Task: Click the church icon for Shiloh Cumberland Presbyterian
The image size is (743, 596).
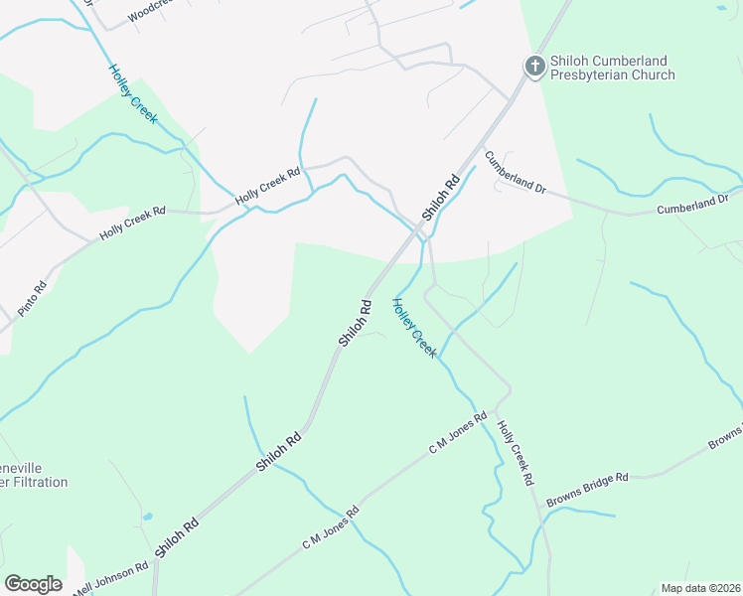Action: click(534, 67)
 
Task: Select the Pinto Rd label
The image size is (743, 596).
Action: click(32, 299)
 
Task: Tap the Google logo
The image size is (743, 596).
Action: click(33, 584)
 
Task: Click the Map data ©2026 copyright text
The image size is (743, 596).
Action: click(699, 588)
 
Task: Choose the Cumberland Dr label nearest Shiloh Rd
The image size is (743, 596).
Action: click(516, 172)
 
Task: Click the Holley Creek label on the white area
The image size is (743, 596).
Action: click(133, 92)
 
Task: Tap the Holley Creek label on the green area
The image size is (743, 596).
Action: click(413, 328)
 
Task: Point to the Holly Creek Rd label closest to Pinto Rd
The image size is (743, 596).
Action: click(132, 224)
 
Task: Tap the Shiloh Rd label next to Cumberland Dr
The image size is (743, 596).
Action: click(441, 197)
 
